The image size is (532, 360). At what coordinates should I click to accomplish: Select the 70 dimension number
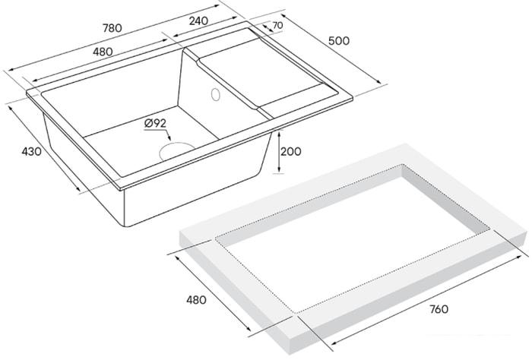(277, 26)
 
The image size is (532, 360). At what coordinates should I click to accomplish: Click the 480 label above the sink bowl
(103, 52)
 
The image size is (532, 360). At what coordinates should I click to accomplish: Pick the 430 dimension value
(31, 152)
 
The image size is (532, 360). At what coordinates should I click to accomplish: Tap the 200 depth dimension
(291, 151)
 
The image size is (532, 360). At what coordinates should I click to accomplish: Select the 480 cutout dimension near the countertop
(196, 300)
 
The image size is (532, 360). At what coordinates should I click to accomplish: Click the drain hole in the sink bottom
(176, 149)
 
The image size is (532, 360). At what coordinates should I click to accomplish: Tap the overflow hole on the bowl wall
(215, 96)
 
